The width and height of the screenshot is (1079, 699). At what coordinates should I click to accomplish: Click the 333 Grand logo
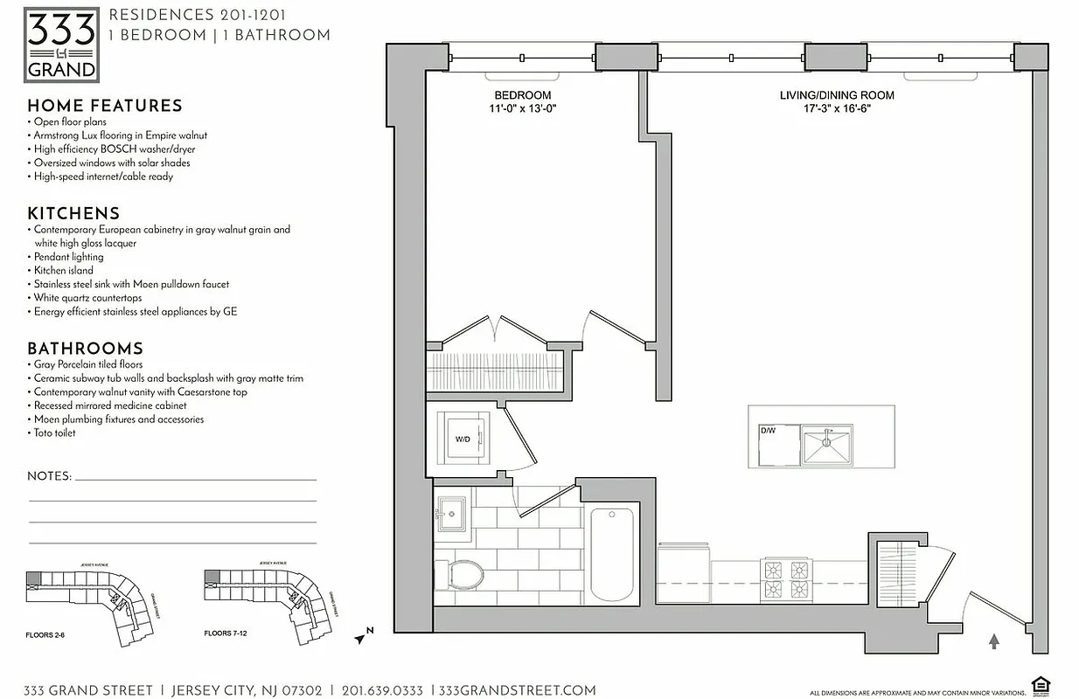coord(61,45)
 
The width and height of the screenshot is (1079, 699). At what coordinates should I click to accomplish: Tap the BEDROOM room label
coord(522,95)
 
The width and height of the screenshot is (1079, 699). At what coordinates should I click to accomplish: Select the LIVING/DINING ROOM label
coord(837,95)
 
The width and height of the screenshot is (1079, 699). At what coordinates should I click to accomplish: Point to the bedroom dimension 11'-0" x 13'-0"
coord(522,109)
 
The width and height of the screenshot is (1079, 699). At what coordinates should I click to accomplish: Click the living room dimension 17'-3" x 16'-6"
coord(837,109)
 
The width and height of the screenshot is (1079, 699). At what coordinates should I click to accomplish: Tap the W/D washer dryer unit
coord(463,439)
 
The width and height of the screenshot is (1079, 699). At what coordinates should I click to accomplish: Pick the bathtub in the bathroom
coord(611,553)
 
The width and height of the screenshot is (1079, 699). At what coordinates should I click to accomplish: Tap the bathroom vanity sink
coord(451,513)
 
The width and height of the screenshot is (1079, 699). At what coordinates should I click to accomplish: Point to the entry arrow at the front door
coord(993,642)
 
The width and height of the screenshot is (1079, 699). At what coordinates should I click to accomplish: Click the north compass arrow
coord(362,637)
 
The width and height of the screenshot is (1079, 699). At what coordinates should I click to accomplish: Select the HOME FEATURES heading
coord(105,106)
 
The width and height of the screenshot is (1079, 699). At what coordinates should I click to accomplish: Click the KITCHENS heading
coord(73,213)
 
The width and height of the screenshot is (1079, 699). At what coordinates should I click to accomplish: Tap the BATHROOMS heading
coord(85,348)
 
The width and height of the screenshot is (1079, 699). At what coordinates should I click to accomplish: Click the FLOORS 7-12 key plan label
coord(225,633)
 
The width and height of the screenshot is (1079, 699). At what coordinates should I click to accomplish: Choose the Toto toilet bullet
coord(54,433)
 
